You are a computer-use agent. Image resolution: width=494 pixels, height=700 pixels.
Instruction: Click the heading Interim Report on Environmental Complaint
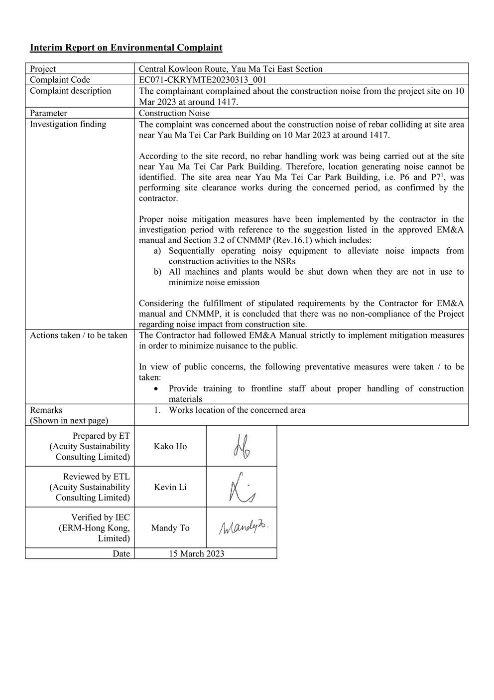[x=126, y=48]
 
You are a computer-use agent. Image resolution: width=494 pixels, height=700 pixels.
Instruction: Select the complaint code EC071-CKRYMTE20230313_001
[x=203, y=80]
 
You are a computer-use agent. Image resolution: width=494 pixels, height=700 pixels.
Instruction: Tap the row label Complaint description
[x=70, y=91]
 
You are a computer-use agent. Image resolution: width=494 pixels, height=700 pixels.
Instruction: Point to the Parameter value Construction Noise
[x=174, y=113]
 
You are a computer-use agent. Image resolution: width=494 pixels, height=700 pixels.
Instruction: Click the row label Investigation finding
[x=68, y=124]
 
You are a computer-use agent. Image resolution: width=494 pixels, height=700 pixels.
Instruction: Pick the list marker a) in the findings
[x=157, y=251]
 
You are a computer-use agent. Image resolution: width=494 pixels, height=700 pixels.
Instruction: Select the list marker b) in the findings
[x=157, y=272]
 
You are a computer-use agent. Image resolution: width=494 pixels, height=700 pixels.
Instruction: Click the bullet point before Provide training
[x=157, y=388]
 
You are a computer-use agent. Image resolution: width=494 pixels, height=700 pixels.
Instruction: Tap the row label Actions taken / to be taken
[x=78, y=335]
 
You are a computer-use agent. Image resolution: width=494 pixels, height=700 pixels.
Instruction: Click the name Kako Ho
[x=170, y=446]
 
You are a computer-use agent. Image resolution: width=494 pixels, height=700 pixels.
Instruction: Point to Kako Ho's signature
[x=241, y=446]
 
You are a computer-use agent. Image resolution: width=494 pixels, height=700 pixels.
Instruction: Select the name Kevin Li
[x=170, y=487]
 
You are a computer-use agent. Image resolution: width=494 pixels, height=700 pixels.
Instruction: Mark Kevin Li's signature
[x=241, y=487]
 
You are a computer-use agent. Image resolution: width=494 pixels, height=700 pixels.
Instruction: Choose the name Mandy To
[x=170, y=528]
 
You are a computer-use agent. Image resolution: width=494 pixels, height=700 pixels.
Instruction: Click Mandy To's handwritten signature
[x=242, y=527]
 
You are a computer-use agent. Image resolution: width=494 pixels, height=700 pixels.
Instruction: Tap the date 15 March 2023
[x=196, y=553]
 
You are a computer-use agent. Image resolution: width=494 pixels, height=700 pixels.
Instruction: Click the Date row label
[x=121, y=553]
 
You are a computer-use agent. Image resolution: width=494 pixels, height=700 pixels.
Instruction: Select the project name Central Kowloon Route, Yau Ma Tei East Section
[x=230, y=69]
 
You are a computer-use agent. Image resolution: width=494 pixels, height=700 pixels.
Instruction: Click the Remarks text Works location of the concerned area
[x=237, y=410]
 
